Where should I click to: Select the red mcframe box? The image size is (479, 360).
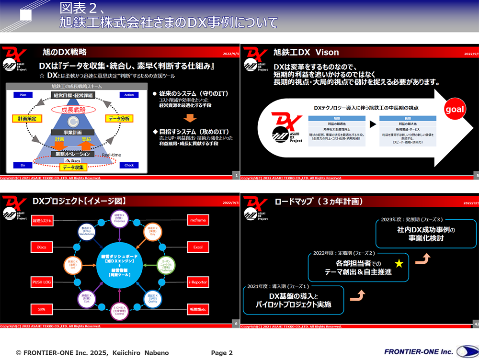(x=198, y=221)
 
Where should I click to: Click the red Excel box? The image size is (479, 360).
(x=198, y=247)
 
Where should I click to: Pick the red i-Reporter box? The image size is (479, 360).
(x=198, y=282)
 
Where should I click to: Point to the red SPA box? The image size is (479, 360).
(x=42, y=309)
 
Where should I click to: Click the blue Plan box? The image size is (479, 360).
(x=23, y=95)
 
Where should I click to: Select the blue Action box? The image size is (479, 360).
(x=129, y=95)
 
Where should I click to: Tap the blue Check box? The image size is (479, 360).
(x=129, y=165)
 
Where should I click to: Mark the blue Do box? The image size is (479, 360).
(x=23, y=165)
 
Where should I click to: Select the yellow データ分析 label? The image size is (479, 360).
(x=119, y=118)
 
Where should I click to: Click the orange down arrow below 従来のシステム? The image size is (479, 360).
(x=191, y=118)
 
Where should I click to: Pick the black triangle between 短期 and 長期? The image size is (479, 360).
(x=372, y=124)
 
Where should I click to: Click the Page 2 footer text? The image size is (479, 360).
(x=222, y=353)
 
